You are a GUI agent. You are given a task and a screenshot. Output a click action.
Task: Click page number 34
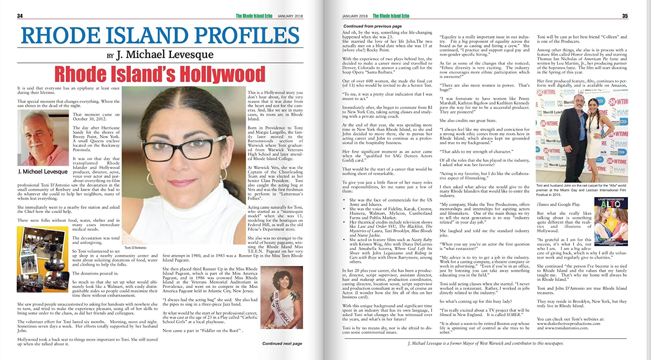pos(20,16)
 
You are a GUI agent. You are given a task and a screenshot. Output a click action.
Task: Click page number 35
pos(625,16)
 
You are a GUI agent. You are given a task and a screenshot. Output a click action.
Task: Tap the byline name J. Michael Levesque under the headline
pos(164,55)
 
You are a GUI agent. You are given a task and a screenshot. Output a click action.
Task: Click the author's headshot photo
pos(43,137)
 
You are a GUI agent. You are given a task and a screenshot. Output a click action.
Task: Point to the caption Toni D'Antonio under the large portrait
pos(135,248)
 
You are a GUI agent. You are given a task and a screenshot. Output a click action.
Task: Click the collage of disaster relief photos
pos(42,259)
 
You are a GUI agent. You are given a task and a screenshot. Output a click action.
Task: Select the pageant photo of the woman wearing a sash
pos(281,297)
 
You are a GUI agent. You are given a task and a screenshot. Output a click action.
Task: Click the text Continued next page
pos(282,344)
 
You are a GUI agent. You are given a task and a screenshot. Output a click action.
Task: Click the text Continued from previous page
pos(372,26)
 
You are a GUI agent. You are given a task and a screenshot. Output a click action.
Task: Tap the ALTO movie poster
pos(611,221)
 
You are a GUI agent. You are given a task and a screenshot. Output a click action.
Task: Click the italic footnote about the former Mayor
pos(485,344)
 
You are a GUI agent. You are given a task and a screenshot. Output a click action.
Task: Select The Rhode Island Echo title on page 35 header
pos(391,16)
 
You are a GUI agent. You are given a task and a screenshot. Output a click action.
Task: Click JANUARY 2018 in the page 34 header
pos(290,16)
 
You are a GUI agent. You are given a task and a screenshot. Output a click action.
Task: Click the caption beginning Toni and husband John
pos(581,190)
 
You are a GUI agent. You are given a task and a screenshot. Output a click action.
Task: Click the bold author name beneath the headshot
pos(43,171)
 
